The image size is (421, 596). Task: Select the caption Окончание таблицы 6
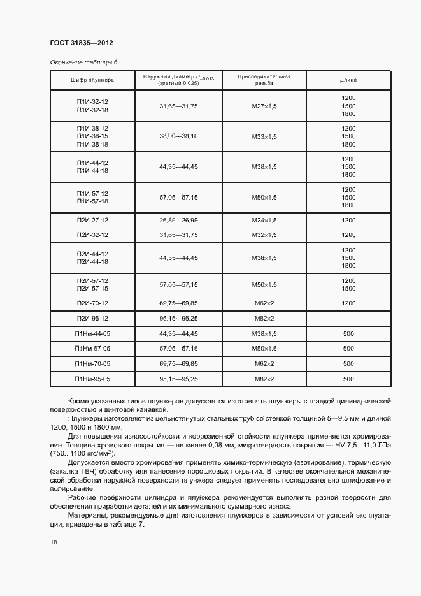coord(83,62)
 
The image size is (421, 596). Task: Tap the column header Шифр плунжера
coord(92,80)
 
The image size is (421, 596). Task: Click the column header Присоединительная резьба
coord(264,80)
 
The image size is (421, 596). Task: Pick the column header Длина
coord(348,80)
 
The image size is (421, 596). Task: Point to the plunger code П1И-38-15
coord(92,136)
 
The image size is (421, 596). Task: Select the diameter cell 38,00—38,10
coord(178,136)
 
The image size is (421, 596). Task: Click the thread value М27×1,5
coord(264,106)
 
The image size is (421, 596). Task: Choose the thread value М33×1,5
coord(264,136)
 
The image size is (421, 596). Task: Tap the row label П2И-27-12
coord(92,220)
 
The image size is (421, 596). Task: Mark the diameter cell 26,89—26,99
coord(178,220)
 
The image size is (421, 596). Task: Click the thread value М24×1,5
coord(264,220)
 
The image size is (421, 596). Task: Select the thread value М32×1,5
coord(264,235)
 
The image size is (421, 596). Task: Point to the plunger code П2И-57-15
coord(92,289)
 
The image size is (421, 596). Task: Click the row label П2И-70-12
coord(92,303)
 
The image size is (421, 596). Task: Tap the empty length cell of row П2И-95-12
coord(348,318)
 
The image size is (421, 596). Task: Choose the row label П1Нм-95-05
coord(92,379)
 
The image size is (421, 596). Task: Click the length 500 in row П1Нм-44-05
coord(348,333)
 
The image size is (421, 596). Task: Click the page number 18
coord(53,542)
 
